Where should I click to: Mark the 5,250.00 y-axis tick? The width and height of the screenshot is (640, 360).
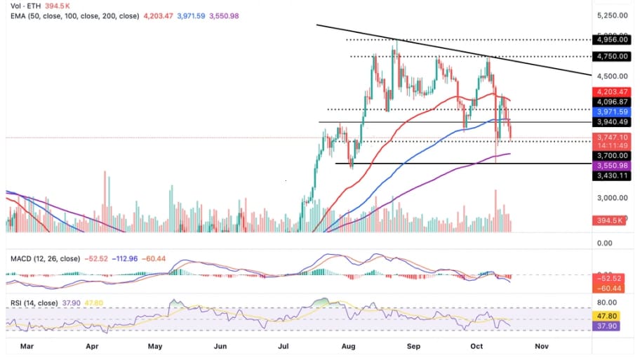point(609,15)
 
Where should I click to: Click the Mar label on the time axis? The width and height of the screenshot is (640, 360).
point(27,346)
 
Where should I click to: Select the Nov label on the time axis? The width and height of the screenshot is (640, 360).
point(541,346)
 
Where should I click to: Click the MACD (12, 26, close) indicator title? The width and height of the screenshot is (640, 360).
point(45,259)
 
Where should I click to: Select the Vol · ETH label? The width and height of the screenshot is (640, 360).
point(20,5)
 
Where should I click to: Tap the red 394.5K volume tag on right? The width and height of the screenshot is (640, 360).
point(608,220)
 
